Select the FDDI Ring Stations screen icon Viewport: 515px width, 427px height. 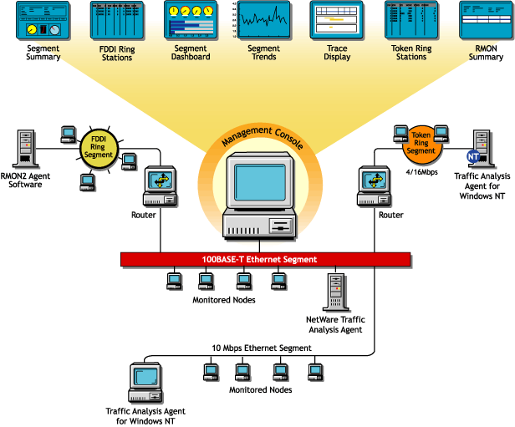pyautogui.click(x=113, y=22)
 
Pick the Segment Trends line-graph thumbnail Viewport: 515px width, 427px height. pyautogui.click(x=263, y=22)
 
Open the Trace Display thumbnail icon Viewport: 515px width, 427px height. pyautogui.click(x=337, y=22)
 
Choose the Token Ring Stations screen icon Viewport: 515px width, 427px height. pyautogui.click(x=410, y=22)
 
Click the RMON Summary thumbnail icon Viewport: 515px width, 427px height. pyautogui.click(x=486, y=22)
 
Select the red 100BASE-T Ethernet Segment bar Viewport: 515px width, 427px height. pyautogui.click(x=250, y=259)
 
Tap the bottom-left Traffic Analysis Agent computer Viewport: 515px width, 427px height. pyautogui.click(x=145, y=384)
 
